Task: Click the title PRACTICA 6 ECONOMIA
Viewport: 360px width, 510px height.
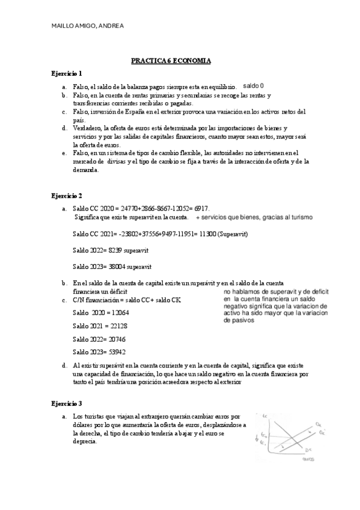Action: (x=171, y=61)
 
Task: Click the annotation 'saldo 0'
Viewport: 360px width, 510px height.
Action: (x=253, y=86)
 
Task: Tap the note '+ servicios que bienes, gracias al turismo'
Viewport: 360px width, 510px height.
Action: (x=253, y=217)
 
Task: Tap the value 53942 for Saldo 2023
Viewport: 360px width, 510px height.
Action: (x=112, y=352)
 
